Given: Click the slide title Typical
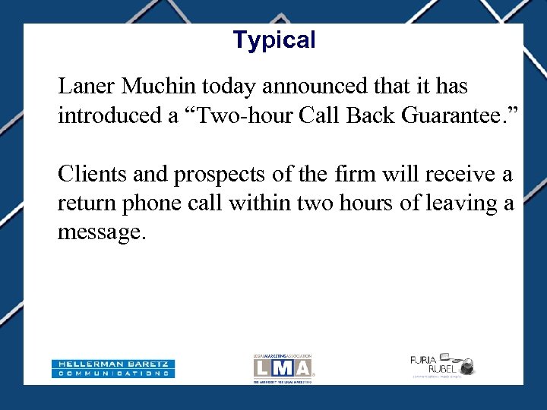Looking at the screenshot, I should pyautogui.click(x=273, y=39).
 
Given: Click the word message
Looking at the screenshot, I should pyautogui.click(x=99, y=233).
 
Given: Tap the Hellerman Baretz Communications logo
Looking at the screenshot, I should pyautogui.click(x=113, y=368).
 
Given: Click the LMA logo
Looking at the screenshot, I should pyautogui.click(x=283, y=368).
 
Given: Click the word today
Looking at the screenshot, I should pyautogui.click(x=230, y=87).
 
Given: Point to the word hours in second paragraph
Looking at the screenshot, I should pyautogui.click(x=368, y=203).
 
